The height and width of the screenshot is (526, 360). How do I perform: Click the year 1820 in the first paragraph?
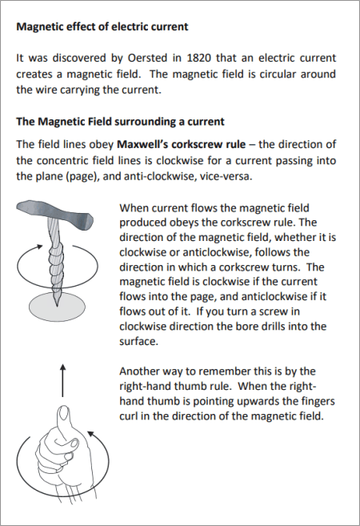point(198,58)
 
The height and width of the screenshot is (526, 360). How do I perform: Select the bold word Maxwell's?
point(142,145)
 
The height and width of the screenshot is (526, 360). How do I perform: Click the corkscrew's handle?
point(54,213)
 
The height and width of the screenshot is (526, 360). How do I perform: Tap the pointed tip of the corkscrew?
point(56,304)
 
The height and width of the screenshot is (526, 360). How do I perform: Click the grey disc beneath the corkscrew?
point(57,306)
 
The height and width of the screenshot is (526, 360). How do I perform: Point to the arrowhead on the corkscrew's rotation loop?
point(39,247)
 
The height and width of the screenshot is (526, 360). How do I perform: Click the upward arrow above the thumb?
point(62,379)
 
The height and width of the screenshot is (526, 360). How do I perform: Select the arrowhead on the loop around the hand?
point(91,433)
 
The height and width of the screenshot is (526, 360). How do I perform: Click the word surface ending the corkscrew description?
point(138,341)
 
